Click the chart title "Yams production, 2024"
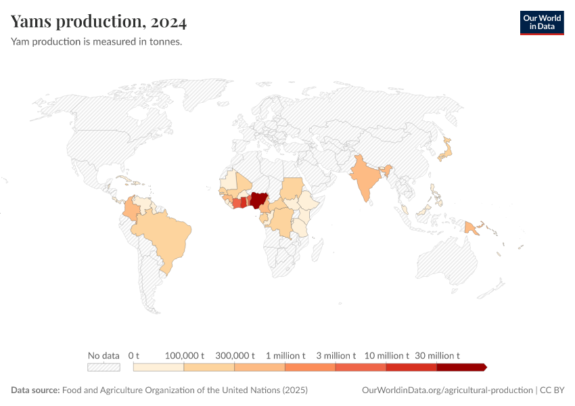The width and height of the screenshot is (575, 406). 99,22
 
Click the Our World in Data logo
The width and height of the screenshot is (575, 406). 542,22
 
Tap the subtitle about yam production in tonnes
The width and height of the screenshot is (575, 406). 96,41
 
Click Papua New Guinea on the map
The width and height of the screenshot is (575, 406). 472,228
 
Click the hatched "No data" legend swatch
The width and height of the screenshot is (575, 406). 103,367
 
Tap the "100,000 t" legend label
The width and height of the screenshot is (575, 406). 185,355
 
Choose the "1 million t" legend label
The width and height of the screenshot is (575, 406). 285,355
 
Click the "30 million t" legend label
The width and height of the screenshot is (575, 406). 437,355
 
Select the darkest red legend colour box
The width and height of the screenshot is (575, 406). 461,367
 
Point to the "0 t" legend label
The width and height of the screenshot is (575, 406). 134,355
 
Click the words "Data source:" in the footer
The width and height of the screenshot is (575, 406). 35,390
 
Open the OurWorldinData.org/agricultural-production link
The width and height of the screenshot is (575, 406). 447,390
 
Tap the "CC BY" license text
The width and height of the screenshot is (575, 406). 551,390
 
